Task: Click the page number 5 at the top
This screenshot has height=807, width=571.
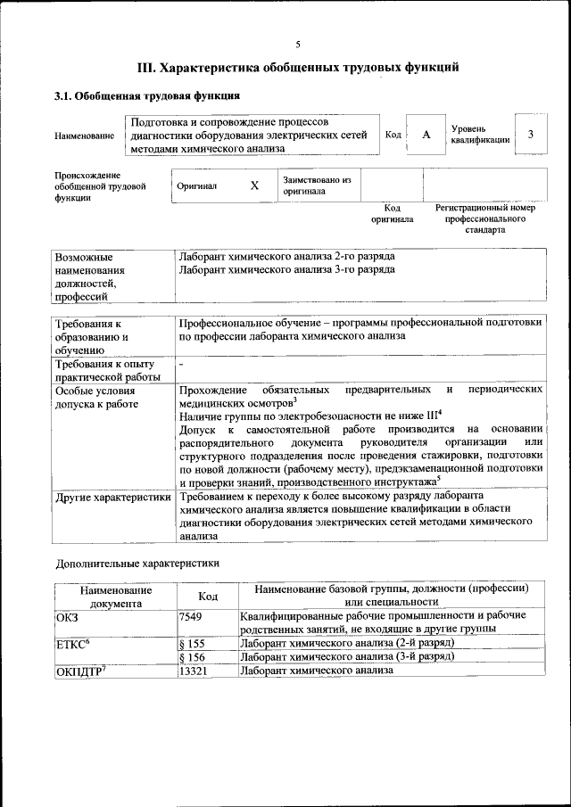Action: [298, 45]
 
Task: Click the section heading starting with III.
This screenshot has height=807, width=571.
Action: [298, 67]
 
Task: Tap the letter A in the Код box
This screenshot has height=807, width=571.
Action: [426, 134]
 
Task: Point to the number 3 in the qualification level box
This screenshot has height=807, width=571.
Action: [531, 134]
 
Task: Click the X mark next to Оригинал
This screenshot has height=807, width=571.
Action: [254, 185]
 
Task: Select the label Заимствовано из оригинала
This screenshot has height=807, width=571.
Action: [317, 185]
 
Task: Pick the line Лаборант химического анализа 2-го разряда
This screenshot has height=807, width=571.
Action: [286, 257]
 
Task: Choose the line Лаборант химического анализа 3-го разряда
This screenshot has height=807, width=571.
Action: [286, 269]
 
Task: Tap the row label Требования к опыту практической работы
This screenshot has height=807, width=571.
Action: [105, 370]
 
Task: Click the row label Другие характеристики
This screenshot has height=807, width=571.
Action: [113, 496]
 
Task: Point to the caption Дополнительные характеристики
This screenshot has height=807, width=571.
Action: [137, 563]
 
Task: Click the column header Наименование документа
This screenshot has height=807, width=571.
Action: [115, 596]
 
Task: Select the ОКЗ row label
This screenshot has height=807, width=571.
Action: [68, 615]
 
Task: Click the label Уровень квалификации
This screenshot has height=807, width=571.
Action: [480, 134]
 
